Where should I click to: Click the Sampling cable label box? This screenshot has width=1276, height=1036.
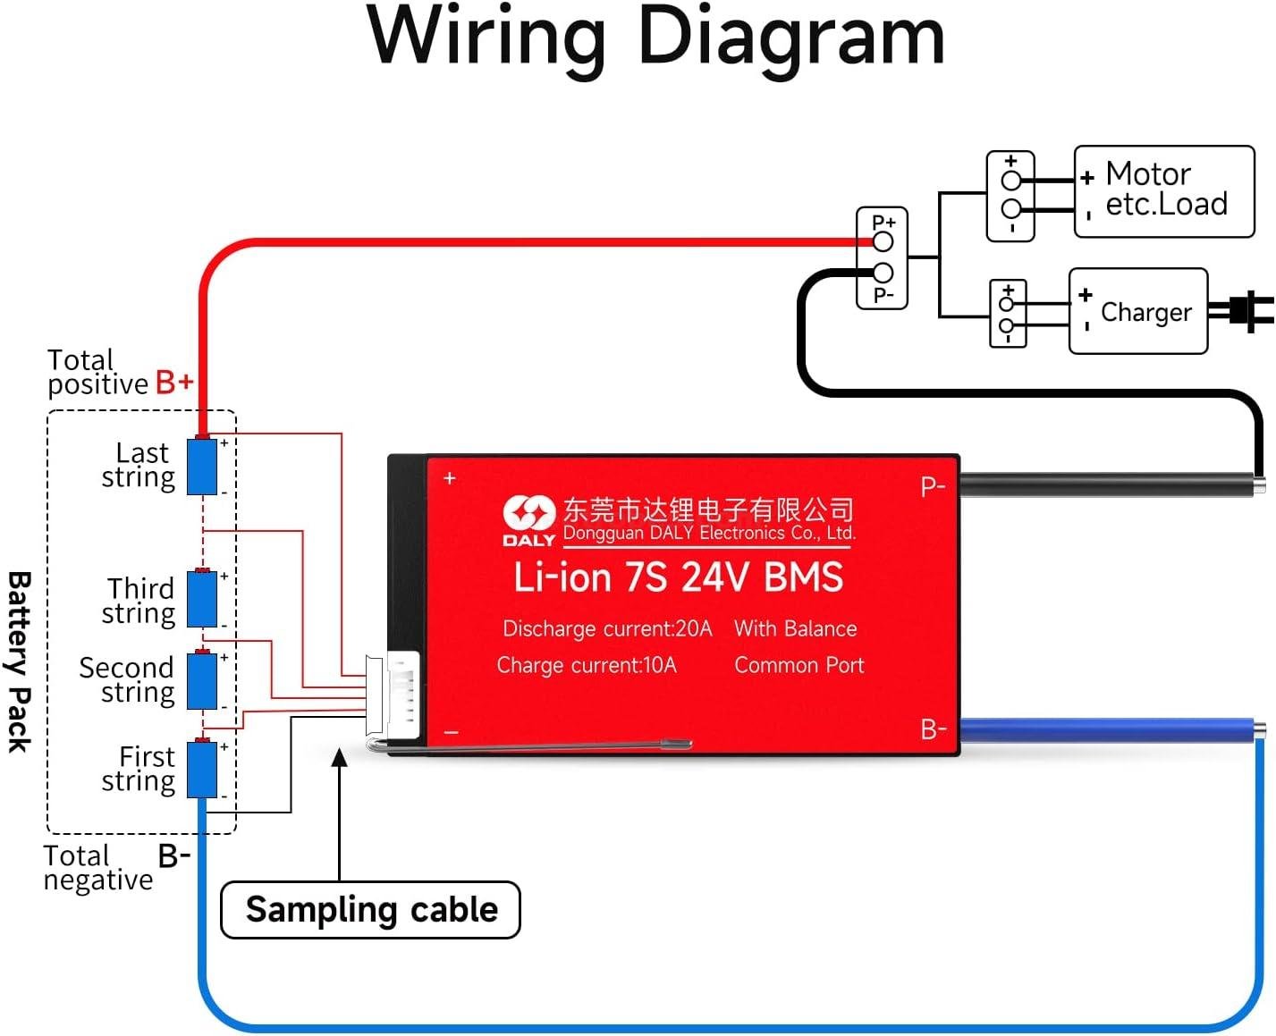[370, 910]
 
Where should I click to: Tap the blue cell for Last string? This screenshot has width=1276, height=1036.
[202, 466]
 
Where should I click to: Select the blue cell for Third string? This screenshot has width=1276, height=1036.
[202, 599]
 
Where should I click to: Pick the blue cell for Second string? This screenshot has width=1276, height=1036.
[202, 681]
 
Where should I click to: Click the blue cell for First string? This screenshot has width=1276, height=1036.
[202, 769]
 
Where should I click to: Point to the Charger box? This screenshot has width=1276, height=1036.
[1138, 311]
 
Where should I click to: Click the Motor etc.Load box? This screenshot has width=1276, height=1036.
[1164, 191]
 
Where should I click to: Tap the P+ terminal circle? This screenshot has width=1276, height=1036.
[883, 241]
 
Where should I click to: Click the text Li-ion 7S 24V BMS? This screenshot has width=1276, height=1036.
[678, 577]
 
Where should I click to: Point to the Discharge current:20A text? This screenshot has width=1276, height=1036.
[607, 628]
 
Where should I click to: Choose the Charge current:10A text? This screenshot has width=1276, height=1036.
[587, 665]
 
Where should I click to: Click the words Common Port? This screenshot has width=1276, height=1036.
[799, 665]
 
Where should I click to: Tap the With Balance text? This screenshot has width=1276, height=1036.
[796, 628]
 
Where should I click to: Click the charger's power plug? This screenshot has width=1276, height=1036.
[1246, 310]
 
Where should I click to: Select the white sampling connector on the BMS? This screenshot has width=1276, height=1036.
[394, 695]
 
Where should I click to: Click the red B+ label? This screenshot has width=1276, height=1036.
[174, 383]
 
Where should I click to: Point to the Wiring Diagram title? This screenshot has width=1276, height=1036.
[655, 38]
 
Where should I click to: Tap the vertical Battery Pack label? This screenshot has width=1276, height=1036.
[20, 661]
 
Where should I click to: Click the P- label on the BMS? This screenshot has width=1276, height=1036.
[933, 487]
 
